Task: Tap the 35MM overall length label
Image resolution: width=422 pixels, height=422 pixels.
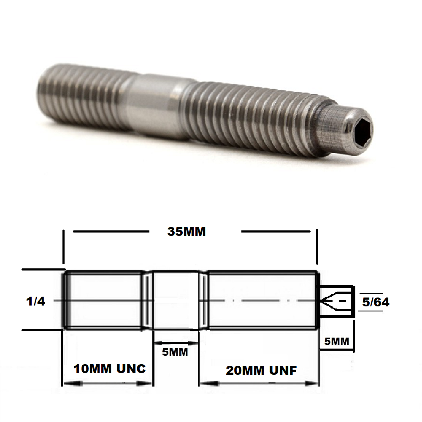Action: pos(187,232)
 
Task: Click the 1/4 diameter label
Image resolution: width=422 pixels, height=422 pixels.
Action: pos(35,301)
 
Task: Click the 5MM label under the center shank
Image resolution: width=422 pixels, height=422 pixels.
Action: pos(175,352)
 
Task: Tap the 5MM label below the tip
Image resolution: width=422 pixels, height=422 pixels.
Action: pos(336,341)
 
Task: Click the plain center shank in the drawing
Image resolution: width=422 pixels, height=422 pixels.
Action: pos(175,300)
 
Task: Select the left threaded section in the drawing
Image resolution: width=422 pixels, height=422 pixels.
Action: pos(103,300)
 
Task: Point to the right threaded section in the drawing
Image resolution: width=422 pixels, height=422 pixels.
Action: pos(262,300)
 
